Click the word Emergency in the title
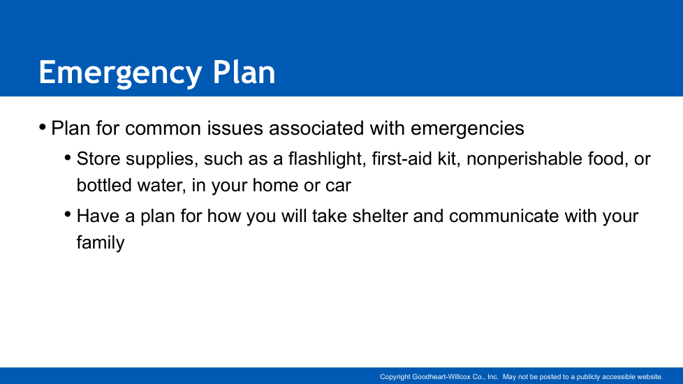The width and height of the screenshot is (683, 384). click(120, 73)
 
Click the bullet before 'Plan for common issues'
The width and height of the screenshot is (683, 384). click(43, 128)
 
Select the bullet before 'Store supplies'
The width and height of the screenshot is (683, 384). click(68, 158)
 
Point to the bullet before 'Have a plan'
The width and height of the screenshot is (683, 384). click(68, 214)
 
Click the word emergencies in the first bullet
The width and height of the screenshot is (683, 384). click(467, 129)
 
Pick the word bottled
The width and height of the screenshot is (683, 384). click(104, 186)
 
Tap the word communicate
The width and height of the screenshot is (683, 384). click(504, 216)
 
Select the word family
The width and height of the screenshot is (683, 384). click(101, 243)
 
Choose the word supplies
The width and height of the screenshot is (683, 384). click(159, 159)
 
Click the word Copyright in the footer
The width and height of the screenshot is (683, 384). click(395, 377)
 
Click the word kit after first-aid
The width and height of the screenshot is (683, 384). click(449, 158)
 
